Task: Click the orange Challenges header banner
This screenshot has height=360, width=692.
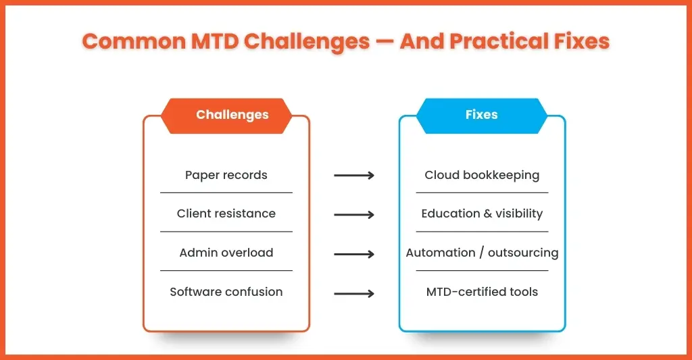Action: (x=226, y=115)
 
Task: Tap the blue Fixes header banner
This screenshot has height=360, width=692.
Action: (x=481, y=115)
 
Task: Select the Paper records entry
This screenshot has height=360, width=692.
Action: (x=226, y=175)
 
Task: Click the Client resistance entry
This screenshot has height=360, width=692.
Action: (x=226, y=213)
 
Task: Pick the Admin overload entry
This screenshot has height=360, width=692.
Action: (x=226, y=253)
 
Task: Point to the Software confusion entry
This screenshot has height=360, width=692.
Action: (x=226, y=292)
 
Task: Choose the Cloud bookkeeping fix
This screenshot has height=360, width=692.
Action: (x=482, y=175)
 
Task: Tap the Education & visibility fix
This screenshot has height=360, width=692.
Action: (x=482, y=213)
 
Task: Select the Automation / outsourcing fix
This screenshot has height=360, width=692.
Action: (x=482, y=253)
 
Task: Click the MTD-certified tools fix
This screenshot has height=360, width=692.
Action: (x=482, y=292)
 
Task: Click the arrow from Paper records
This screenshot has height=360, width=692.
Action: (x=354, y=176)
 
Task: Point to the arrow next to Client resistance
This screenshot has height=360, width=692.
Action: (x=354, y=215)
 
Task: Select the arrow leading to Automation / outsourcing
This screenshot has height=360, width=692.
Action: (x=354, y=254)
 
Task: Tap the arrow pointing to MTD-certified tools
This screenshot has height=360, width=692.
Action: (x=354, y=293)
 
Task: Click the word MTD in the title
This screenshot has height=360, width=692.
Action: (x=215, y=41)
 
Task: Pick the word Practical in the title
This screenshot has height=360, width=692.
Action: (x=499, y=41)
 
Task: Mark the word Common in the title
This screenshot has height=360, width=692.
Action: (x=134, y=41)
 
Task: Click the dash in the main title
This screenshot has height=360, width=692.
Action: (x=385, y=42)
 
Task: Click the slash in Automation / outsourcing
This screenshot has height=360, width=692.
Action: (x=481, y=253)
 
